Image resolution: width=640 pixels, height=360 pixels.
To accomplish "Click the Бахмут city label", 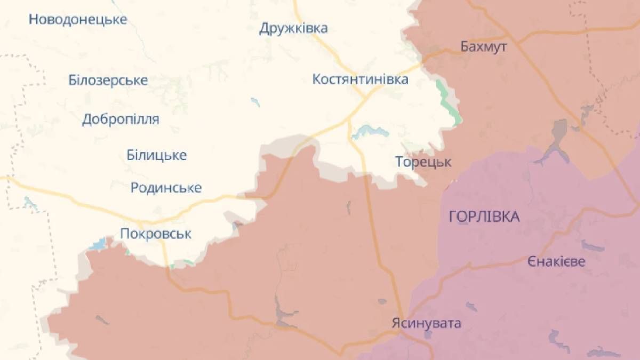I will click(484, 46).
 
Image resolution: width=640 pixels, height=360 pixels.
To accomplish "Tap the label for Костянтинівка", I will click(361, 79).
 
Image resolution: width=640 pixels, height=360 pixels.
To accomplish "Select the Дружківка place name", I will click(293, 28).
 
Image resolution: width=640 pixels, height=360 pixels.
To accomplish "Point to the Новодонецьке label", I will click(78, 20).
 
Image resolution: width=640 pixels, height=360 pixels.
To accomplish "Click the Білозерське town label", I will click(108, 81).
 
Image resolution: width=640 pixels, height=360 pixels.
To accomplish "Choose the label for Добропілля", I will click(121, 119).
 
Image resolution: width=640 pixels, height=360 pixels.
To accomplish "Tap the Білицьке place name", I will click(157, 155).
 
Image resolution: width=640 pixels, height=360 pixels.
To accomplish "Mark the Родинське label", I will click(166, 188).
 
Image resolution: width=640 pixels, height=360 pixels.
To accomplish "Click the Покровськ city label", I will click(156, 234).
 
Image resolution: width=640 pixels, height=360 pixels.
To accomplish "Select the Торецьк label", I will click(423, 162).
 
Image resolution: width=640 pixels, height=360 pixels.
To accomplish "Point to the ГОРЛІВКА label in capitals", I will click(484, 217).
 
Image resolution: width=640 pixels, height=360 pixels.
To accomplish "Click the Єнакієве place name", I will click(556, 262).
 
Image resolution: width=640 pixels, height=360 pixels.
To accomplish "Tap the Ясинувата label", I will click(426, 323).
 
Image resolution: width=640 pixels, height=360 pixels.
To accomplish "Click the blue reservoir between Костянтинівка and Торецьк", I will click(366, 131).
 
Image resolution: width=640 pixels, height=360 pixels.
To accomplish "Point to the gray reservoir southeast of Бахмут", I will click(559, 133).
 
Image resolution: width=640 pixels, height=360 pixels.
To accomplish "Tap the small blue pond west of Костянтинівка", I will click(255, 101).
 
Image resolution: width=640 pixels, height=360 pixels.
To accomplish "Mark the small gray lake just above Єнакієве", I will click(592, 246).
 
